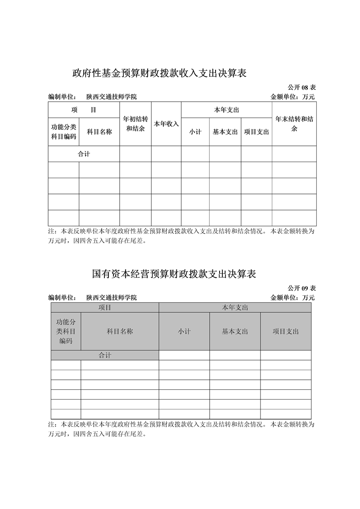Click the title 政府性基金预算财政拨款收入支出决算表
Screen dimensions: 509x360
159,73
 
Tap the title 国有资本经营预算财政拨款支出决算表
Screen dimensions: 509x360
174,274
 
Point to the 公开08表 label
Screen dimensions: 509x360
301,87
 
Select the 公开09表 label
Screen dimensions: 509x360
301,288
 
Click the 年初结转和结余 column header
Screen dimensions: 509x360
135,124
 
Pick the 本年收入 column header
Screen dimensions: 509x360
166,124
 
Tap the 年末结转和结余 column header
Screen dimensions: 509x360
294,124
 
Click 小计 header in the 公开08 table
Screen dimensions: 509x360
195,132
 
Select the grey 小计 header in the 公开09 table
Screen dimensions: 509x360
184,332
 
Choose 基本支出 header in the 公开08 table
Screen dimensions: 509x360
225,132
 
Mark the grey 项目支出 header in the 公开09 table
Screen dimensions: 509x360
286,332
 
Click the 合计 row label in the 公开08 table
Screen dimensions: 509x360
84,154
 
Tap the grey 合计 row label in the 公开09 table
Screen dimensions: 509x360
105,356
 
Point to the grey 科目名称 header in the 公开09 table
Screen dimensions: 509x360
120,332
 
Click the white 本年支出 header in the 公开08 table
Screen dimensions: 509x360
226,110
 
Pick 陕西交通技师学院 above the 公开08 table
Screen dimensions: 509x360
112,97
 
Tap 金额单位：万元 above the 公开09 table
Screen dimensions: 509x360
292,297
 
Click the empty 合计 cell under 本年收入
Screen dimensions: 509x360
166,154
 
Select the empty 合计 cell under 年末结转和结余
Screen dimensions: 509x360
294,154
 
